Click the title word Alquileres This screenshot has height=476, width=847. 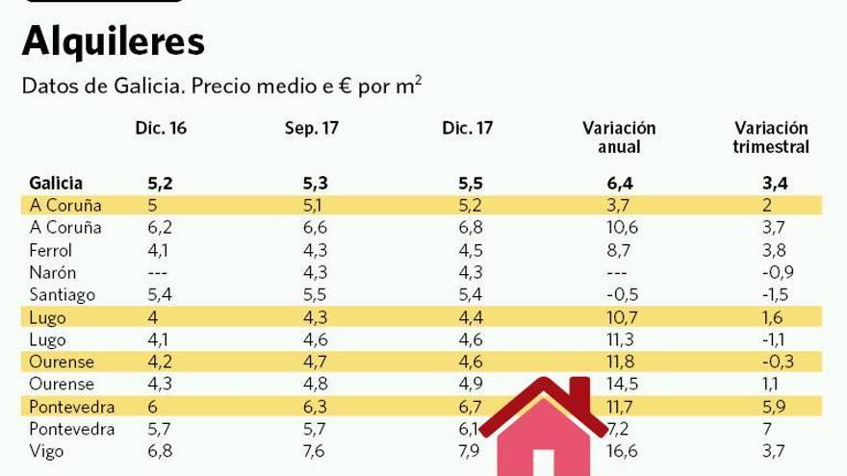(113, 41)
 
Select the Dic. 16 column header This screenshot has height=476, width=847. (161, 128)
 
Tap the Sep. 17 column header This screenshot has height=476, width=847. (311, 128)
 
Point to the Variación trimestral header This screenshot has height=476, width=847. (770, 138)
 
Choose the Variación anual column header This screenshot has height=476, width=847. (619, 138)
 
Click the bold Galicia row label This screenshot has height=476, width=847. (56, 183)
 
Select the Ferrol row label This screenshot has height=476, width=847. (50, 250)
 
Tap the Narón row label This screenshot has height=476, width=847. (52, 273)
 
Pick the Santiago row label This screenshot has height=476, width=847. (62, 295)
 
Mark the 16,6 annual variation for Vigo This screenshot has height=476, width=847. (618, 451)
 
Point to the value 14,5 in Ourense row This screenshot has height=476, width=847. (618, 384)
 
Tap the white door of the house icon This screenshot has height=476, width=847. (544, 463)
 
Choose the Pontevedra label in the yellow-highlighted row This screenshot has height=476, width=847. (71, 406)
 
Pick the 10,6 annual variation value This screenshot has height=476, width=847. (618, 228)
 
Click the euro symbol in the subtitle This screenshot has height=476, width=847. (344, 87)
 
